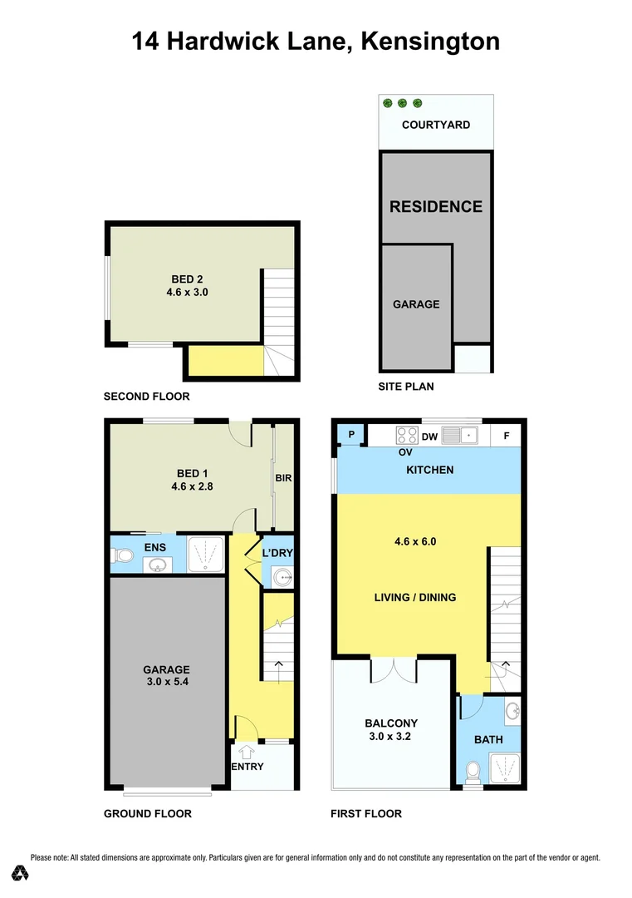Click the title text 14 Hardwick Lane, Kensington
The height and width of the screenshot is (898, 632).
pos(316,41)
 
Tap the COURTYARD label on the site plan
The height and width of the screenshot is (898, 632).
pos(435,125)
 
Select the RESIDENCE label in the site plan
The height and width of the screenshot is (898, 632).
pos(436,206)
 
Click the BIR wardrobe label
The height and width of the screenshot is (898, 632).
pos(284,479)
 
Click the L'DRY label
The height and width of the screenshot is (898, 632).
pos(278,553)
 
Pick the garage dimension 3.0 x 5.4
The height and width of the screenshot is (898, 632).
pos(166,683)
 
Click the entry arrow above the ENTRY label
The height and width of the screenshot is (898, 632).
pos(247,752)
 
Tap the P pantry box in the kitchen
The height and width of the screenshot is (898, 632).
pos(351,434)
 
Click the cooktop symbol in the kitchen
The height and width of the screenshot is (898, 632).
pos(406,434)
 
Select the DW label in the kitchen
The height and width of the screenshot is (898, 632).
pos(429,435)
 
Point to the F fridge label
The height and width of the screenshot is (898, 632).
pos(506,435)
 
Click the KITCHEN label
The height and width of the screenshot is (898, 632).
pos(429,470)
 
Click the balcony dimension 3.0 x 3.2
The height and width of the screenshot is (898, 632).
pos(390,736)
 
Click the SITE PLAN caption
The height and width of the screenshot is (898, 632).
pos(406,387)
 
